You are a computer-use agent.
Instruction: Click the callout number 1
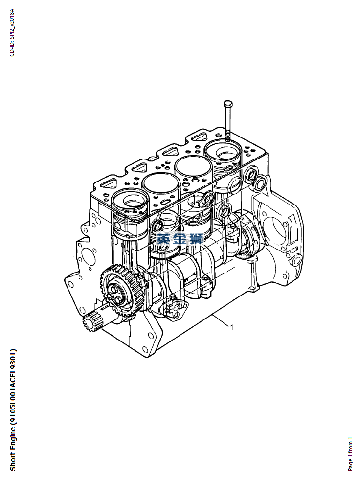(x=232, y=327)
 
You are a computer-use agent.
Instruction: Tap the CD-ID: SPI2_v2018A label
(x=12, y=32)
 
